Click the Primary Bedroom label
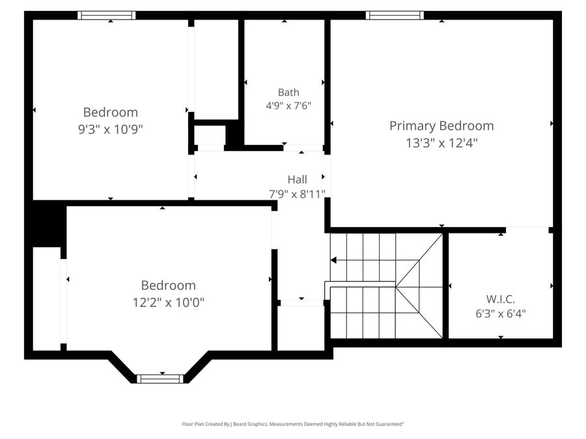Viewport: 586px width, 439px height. (441, 126)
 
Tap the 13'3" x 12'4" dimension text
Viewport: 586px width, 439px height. (441, 143)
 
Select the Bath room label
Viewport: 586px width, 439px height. (288, 92)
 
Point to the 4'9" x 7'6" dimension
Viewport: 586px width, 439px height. (288, 105)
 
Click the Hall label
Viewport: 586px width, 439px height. (298, 180)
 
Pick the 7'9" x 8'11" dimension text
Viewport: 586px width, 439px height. (298, 194)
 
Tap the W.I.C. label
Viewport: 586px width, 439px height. (501, 299)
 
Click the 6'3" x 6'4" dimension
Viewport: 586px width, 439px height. (501, 313)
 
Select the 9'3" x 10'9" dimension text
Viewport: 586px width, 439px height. (111, 129)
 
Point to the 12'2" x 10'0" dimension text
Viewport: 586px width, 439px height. (169, 302)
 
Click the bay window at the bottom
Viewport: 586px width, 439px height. (160, 379)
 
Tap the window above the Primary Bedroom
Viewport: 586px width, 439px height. (395, 16)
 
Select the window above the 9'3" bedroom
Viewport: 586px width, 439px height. (107, 16)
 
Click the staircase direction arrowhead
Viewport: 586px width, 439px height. (333, 260)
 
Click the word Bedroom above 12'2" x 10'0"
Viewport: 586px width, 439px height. (169, 286)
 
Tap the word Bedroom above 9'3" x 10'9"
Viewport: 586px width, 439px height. (111, 113)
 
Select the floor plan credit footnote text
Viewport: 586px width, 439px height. (293, 424)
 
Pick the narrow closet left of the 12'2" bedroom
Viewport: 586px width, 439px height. (47, 299)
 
